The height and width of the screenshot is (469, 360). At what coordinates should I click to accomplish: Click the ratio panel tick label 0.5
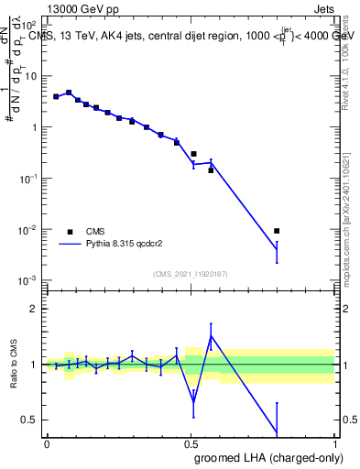tap(33, 420)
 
